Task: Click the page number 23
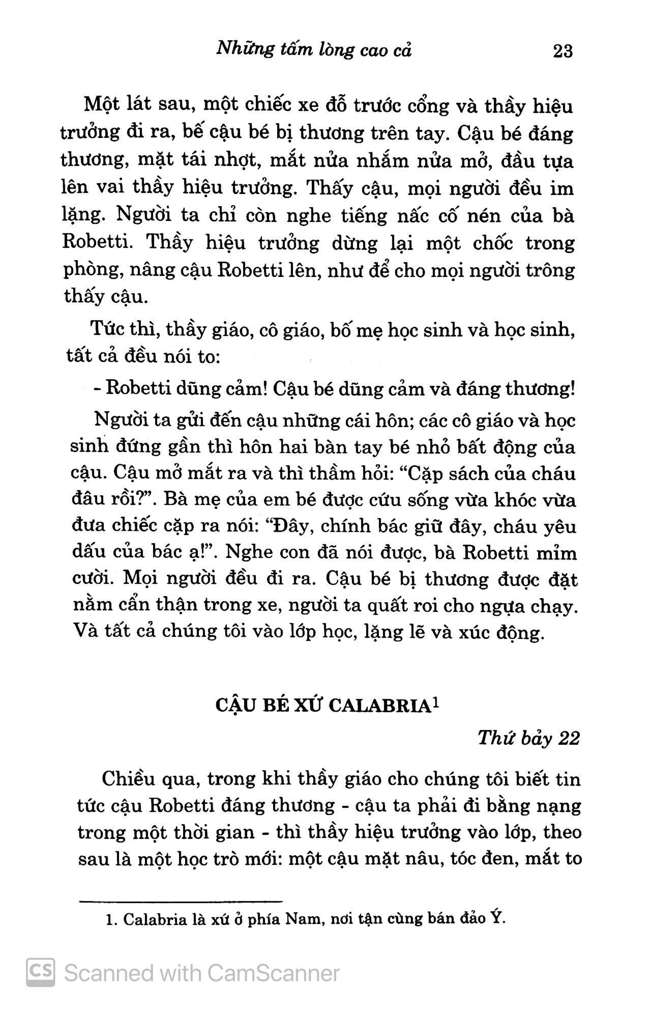[563, 51]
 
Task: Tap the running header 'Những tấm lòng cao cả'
[313, 50]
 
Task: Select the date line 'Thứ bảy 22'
[528, 738]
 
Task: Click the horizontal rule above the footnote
[181, 901]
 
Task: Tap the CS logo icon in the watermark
[41, 973]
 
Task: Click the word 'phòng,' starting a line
[93, 270]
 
